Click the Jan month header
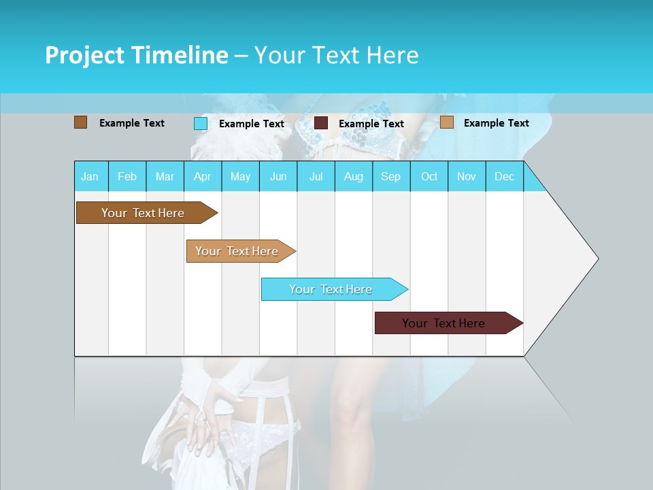click(x=90, y=176)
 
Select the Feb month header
click(x=127, y=176)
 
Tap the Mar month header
click(x=165, y=176)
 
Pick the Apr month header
click(x=203, y=176)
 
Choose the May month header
click(x=240, y=176)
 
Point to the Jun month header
click(x=278, y=176)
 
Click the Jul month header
click(x=316, y=176)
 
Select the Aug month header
click(x=354, y=176)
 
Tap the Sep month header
click(x=391, y=176)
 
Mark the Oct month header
click(x=429, y=176)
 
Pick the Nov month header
click(x=467, y=176)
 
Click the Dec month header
click(x=505, y=176)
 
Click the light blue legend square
click(x=200, y=123)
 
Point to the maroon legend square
click(x=321, y=123)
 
